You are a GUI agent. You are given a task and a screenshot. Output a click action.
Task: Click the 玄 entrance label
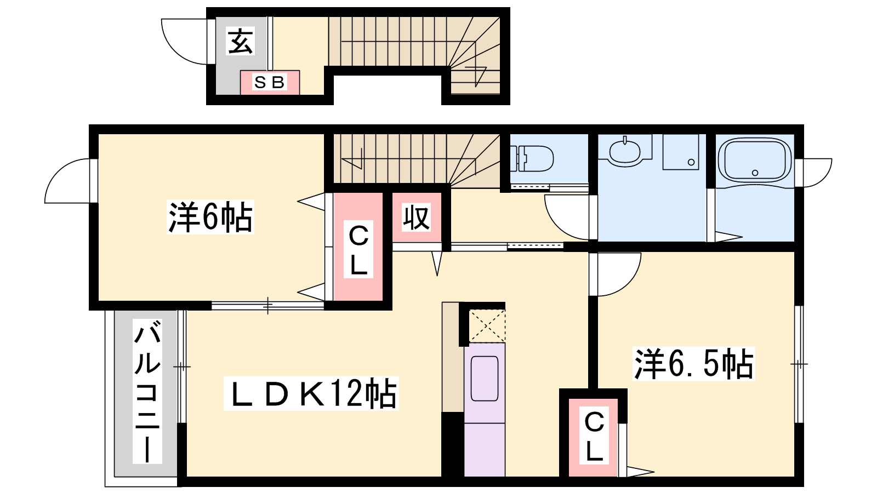241,42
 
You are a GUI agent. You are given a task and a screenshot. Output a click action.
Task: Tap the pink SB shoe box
270,83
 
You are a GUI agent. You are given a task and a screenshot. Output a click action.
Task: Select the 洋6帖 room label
210,217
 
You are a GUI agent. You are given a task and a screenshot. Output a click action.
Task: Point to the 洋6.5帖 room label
694,363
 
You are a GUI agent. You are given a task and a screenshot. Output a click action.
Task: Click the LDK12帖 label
311,393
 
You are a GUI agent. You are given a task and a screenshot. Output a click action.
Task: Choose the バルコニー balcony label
147,393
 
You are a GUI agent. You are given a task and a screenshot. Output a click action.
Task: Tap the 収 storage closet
417,218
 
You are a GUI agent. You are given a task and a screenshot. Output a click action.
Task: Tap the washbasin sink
624,151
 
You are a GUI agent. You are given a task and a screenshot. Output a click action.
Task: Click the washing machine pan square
680,152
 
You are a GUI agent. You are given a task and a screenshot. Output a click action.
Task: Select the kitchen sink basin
485,378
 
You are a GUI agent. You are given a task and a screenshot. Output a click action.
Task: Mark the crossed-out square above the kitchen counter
487,326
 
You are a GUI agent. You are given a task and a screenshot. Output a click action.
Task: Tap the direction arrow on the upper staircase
477,74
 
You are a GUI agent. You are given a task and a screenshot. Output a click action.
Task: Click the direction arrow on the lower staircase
354,160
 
